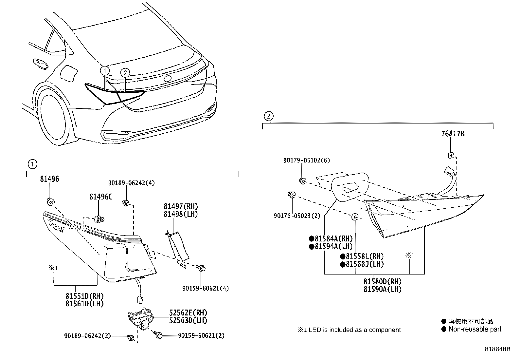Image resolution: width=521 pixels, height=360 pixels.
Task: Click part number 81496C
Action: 100,197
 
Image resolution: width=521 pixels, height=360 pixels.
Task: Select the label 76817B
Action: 453,134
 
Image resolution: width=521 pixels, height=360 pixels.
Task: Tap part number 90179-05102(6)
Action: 306,160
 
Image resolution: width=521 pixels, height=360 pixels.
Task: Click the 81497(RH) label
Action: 181,206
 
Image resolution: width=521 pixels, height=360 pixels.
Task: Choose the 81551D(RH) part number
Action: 84,296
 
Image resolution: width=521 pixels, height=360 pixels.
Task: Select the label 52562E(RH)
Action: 188,313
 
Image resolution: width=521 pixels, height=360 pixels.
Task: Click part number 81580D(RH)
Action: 382,281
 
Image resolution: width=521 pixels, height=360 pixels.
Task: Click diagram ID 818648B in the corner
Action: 497,349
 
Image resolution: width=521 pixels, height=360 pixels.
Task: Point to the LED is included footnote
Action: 349,330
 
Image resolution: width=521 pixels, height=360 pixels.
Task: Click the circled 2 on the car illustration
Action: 125,73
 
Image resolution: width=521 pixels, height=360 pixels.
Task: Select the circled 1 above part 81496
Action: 32,164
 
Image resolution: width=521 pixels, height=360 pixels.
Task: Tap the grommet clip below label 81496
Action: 50,202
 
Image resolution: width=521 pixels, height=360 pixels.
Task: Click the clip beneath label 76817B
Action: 451,155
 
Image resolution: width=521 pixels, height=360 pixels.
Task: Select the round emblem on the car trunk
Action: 168,79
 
